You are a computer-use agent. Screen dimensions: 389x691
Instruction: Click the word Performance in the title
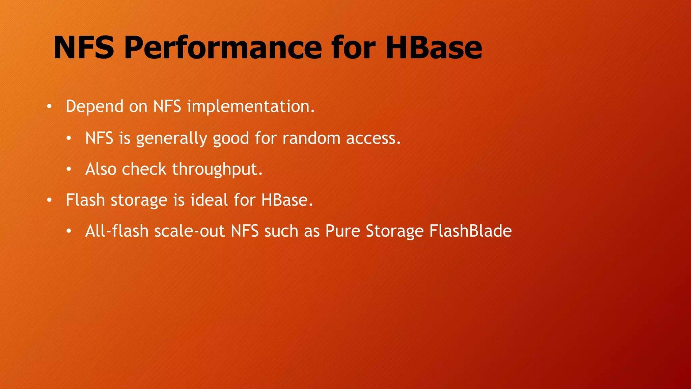click(x=223, y=48)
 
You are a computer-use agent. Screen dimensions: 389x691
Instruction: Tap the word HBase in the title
click(x=434, y=48)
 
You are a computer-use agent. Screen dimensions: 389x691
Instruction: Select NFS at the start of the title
click(x=84, y=48)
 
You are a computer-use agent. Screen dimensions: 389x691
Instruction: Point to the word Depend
click(x=94, y=107)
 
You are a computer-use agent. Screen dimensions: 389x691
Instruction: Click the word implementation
click(x=251, y=107)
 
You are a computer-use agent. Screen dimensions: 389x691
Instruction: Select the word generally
click(x=171, y=138)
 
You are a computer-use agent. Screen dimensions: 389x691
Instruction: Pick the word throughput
click(x=217, y=170)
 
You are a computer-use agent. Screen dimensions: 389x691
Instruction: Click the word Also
click(x=101, y=170)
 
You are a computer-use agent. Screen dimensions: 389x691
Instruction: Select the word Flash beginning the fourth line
click(x=85, y=200)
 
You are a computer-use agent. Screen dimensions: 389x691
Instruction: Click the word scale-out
click(x=189, y=231)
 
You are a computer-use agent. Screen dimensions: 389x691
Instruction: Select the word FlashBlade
click(x=470, y=231)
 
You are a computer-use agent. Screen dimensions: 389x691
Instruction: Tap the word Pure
click(x=343, y=231)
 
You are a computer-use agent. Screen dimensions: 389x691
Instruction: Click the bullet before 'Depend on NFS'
click(x=49, y=107)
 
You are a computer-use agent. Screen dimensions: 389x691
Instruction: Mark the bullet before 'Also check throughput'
click(x=69, y=170)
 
